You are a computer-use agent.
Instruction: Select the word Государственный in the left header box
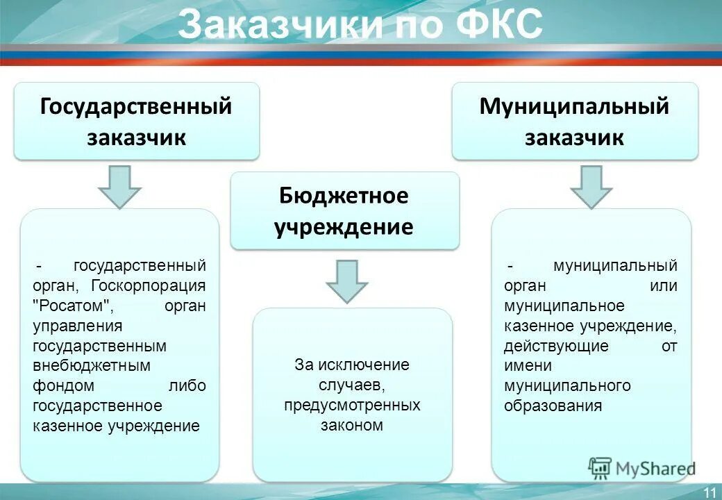(x=136, y=107)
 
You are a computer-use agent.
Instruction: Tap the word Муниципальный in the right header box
(x=574, y=107)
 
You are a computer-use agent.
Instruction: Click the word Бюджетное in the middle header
(x=344, y=196)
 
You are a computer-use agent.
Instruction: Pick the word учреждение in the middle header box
(x=344, y=227)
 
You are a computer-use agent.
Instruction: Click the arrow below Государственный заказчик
(x=119, y=186)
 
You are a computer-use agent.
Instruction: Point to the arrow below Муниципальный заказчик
(x=591, y=186)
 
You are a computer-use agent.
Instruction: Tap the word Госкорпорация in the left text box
(x=160, y=285)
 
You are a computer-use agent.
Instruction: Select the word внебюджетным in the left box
(x=81, y=366)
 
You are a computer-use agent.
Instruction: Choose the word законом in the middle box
(x=352, y=425)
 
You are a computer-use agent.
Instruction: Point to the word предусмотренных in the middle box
(x=352, y=405)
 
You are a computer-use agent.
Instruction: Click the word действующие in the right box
(x=556, y=346)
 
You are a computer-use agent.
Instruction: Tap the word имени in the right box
(x=528, y=366)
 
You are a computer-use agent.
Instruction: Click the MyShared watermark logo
(x=642, y=468)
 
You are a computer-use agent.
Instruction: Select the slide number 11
(x=710, y=492)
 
